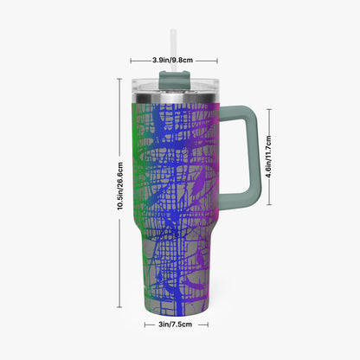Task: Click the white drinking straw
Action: coord(173,50)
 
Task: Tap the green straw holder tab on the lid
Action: coord(174,80)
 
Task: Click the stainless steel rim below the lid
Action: coord(176,99)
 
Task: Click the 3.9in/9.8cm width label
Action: coord(172,61)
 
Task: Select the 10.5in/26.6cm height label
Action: coord(120,186)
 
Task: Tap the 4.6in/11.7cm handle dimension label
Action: coord(268,157)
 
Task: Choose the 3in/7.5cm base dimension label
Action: coord(175,325)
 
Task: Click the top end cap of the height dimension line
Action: coord(119,79)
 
